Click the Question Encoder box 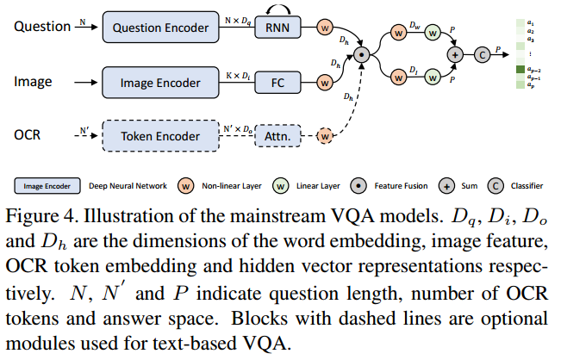pos(159,28)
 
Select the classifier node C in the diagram pos(483,53)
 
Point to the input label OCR pos(28,135)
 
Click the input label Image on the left pos(33,83)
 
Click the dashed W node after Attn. pos(325,135)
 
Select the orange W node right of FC pos(325,83)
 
